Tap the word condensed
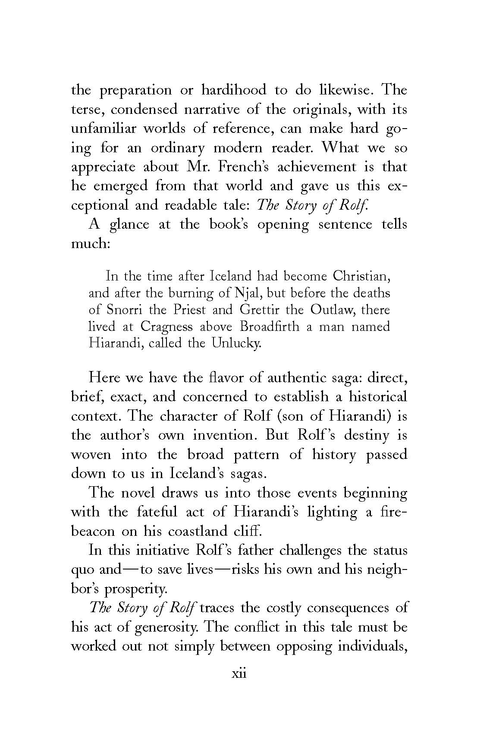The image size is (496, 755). tap(141, 109)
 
